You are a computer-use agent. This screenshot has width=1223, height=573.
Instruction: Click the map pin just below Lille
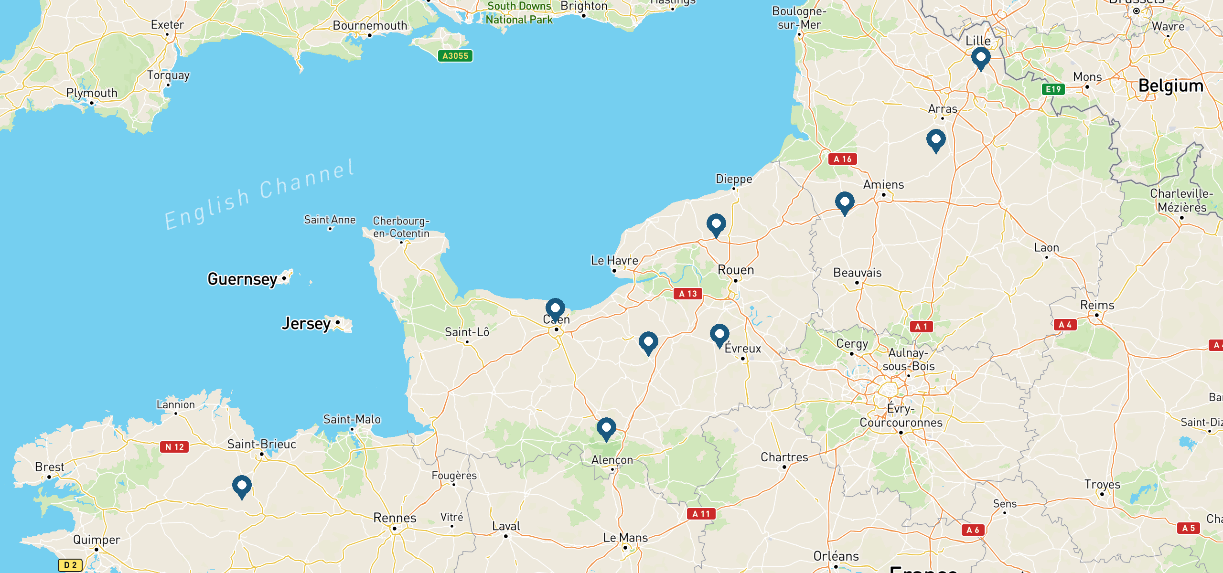[x=980, y=58]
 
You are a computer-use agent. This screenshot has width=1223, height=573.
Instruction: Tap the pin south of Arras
[x=935, y=140]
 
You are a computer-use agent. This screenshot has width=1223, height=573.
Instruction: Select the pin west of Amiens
[x=844, y=202]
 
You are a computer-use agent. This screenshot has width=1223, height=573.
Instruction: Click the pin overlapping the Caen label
[x=555, y=309]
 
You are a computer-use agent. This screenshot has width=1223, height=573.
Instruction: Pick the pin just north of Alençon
[x=606, y=428]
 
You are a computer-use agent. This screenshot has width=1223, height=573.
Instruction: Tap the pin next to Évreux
[x=719, y=335]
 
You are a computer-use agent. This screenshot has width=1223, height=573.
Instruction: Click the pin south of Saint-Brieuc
[x=242, y=486]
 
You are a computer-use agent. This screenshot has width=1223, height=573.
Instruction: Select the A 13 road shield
[x=687, y=294]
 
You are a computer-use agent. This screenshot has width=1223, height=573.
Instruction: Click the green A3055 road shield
[x=455, y=56]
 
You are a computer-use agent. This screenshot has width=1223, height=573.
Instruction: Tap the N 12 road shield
[x=174, y=447]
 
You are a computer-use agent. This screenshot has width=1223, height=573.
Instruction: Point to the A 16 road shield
[x=842, y=159]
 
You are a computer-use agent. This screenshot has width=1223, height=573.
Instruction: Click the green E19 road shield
[x=1053, y=89]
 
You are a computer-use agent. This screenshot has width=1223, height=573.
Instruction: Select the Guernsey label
[x=242, y=279]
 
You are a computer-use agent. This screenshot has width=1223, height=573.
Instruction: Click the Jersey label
[x=306, y=323]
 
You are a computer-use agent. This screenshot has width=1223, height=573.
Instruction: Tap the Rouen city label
[x=736, y=270]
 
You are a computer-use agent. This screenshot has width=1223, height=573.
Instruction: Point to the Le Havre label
[x=614, y=260]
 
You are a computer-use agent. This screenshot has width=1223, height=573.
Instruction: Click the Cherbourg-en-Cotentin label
[x=401, y=227]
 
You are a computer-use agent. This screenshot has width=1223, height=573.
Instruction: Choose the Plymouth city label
[x=92, y=93]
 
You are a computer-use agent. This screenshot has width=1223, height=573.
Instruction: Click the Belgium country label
[x=1170, y=85]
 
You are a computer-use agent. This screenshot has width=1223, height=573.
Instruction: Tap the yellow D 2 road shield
[x=70, y=565]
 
